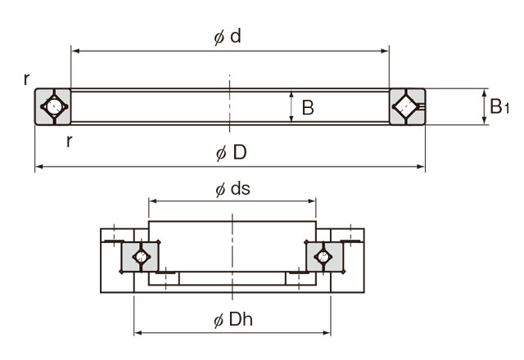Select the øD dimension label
coord(230,153)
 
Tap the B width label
coord(308,107)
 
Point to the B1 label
coord(499,106)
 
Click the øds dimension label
coord(233,188)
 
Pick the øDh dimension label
coord(232,320)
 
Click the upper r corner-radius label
coord(27,79)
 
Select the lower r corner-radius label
coord(69,140)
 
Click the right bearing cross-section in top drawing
coord(407,106)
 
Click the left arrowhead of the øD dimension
coord(38,168)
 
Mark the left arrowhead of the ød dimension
coord(74,51)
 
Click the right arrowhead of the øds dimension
coord(313,200)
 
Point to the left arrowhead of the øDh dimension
coord(138,333)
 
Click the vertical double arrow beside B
coord(291,106)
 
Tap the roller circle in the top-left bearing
coord(52,106)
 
